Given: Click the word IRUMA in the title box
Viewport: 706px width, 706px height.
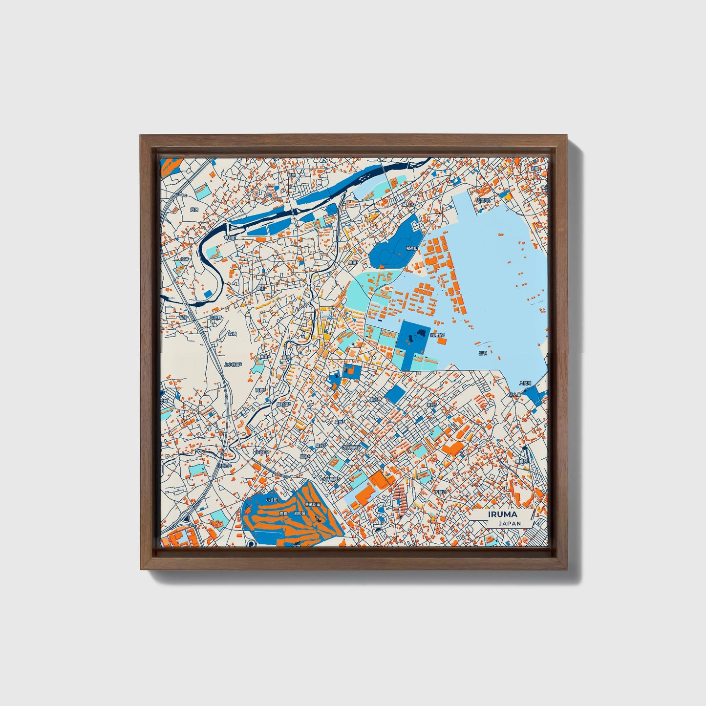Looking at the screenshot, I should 502,514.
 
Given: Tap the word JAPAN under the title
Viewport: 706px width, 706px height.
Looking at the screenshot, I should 510,523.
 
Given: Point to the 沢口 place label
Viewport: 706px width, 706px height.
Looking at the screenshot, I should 195,209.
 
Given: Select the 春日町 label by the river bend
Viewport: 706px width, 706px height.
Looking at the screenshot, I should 230,237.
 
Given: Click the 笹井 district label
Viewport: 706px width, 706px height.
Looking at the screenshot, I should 185,259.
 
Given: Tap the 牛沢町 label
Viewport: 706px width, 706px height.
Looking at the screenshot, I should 215,318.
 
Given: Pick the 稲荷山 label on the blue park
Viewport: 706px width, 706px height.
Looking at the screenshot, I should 412,248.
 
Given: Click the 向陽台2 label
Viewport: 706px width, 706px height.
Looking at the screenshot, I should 437,335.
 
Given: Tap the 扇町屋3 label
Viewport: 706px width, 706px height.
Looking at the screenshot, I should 283,405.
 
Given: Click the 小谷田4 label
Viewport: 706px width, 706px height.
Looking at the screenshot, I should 224,466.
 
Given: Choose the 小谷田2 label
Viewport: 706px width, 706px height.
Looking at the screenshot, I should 262,452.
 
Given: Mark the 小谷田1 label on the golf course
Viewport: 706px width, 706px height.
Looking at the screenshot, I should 272,500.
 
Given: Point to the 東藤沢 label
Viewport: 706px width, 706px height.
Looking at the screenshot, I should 522,461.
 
